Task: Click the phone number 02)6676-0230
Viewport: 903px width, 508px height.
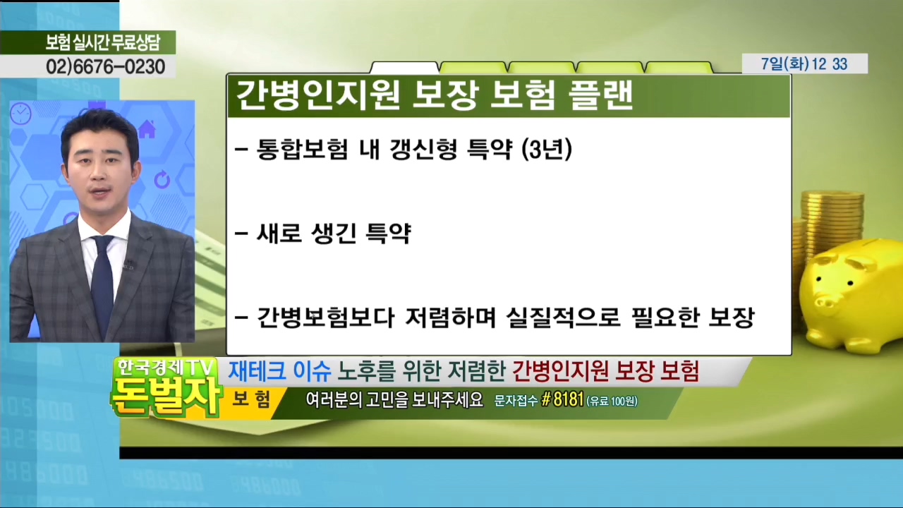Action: [x=106, y=66]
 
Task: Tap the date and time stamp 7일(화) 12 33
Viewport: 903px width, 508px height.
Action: [x=804, y=64]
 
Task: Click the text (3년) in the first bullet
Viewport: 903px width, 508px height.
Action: [x=547, y=150]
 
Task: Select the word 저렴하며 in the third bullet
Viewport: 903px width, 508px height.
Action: [x=450, y=317]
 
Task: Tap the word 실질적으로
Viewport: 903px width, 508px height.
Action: [x=563, y=317]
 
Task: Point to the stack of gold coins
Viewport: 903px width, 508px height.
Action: [x=830, y=226]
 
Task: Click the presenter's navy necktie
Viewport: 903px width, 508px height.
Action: [x=102, y=282]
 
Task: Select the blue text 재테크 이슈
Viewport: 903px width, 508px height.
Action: [x=279, y=371]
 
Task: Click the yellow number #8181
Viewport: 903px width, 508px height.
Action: [x=562, y=400]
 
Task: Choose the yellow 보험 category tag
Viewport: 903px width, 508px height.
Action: [x=250, y=399]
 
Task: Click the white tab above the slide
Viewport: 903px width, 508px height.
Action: [x=404, y=68]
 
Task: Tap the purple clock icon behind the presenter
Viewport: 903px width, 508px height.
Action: [x=21, y=114]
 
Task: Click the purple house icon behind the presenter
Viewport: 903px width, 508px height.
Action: [x=147, y=129]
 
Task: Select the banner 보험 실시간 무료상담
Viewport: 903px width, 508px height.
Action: [x=103, y=42]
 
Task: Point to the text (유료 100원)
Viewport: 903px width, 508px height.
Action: [x=612, y=401]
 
